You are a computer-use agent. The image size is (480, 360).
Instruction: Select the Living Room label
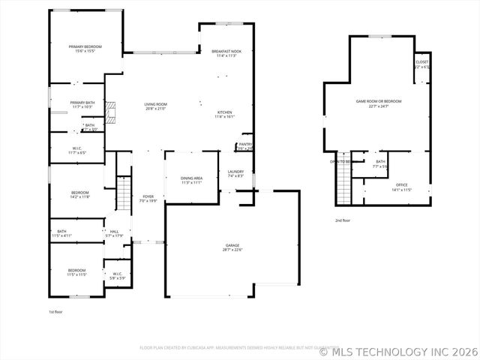click(x=155, y=106)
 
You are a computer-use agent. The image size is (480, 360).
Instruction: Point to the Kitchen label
click(x=225, y=114)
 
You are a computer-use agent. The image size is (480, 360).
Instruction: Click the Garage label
click(x=232, y=247)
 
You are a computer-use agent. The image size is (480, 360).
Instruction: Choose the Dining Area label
click(x=191, y=180)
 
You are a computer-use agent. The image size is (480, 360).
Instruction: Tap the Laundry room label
click(x=235, y=174)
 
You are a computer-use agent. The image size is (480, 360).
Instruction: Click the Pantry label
click(x=245, y=146)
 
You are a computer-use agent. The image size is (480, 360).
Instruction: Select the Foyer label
click(x=148, y=199)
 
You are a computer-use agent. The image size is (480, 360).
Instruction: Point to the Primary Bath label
click(x=82, y=104)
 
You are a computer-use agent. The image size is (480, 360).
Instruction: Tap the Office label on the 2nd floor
click(x=401, y=187)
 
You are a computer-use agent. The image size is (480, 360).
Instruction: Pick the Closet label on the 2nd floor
click(x=421, y=64)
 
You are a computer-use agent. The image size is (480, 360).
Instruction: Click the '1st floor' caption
click(x=55, y=311)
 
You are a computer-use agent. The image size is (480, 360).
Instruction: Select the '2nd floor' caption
click(x=342, y=220)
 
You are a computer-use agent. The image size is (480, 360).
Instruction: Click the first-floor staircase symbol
click(x=124, y=194)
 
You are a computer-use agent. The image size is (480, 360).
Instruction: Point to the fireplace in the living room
click(x=109, y=113)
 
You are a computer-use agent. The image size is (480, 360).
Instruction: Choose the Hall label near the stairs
click(x=114, y=233)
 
